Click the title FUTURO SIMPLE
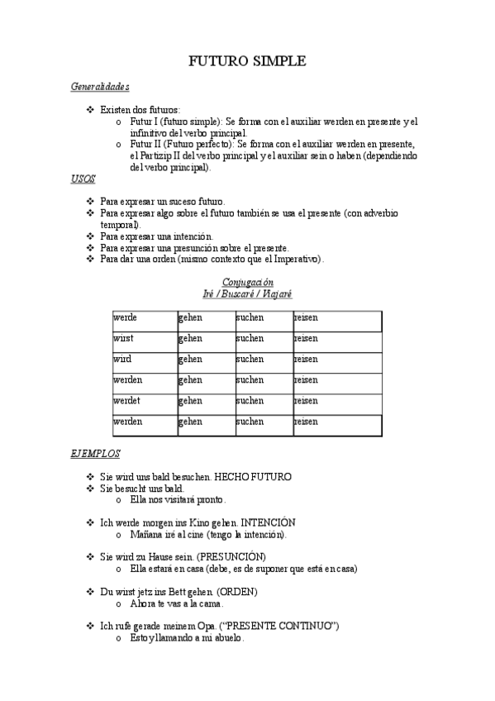click(x=247, y=61)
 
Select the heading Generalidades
click(x=99, y=86)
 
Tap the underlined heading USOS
click(x=83, y=179)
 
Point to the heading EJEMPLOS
click(x=95, y=454)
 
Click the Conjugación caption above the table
click(x=247, y=283)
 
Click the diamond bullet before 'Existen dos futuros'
click(x=90, y=110)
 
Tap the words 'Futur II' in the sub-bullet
click(x=145, y=144)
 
